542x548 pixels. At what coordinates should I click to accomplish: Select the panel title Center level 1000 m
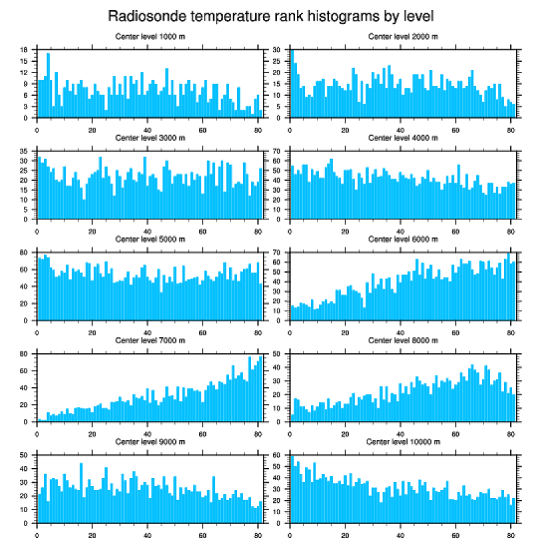tap(149, 36)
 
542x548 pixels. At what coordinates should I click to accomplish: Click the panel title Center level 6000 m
tap(403, 239)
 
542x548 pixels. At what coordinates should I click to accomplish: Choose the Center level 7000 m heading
tap(149, 340)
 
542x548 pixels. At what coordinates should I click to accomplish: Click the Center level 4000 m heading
tap(403, 138)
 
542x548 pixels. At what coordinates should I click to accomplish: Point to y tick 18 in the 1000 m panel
tap(24, 50)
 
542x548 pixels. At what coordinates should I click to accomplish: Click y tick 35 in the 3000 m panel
tap(24, 151)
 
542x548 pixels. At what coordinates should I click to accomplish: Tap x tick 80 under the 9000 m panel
tap(258, 533)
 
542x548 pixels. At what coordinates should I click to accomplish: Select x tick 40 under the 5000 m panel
tap(147, 331)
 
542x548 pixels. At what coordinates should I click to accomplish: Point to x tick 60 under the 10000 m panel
tap(456, 533)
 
